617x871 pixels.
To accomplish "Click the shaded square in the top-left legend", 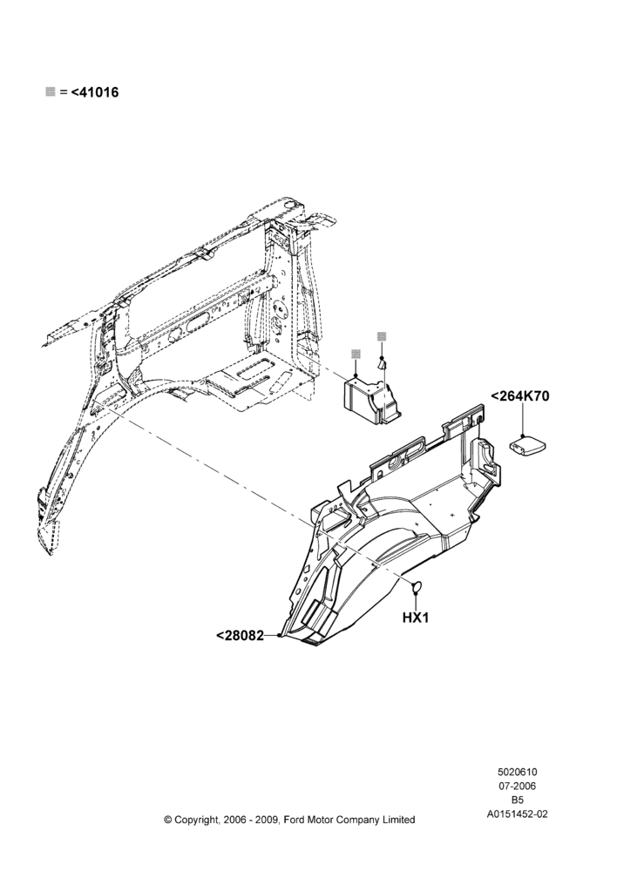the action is click(x=50, y=91).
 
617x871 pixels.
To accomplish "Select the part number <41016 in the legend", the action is click(x=94, y=92).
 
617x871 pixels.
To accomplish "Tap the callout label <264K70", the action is click(x=519, y=396).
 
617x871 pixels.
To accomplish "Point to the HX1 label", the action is click(x=416, y=618).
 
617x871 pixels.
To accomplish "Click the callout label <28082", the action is click(x=240, y=636).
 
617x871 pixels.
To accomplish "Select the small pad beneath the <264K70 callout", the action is click(x=527, y=445).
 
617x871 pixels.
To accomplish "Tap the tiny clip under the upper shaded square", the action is click(x=382, y=364).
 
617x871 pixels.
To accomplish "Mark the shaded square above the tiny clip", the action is click(x=382, y=336).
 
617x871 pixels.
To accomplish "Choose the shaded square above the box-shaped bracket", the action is click(x=356, y=354).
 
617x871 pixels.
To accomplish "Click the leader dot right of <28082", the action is click(x=279, y=635).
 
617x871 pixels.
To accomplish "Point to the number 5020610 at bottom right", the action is click(x=517, y=772).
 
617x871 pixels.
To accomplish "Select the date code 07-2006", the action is click(x=517, y=786).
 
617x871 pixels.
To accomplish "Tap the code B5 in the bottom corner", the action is click(x=517, y=800).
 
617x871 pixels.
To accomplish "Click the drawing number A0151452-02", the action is click(x=517, y=814).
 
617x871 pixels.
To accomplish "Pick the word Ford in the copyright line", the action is click(x=295, y=820).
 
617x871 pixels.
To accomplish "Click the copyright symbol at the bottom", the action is click(x=168, y=820).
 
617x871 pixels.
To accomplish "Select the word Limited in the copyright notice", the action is click(x=397, y=820).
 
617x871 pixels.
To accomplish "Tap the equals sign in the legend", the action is click(x=63, y=92).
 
